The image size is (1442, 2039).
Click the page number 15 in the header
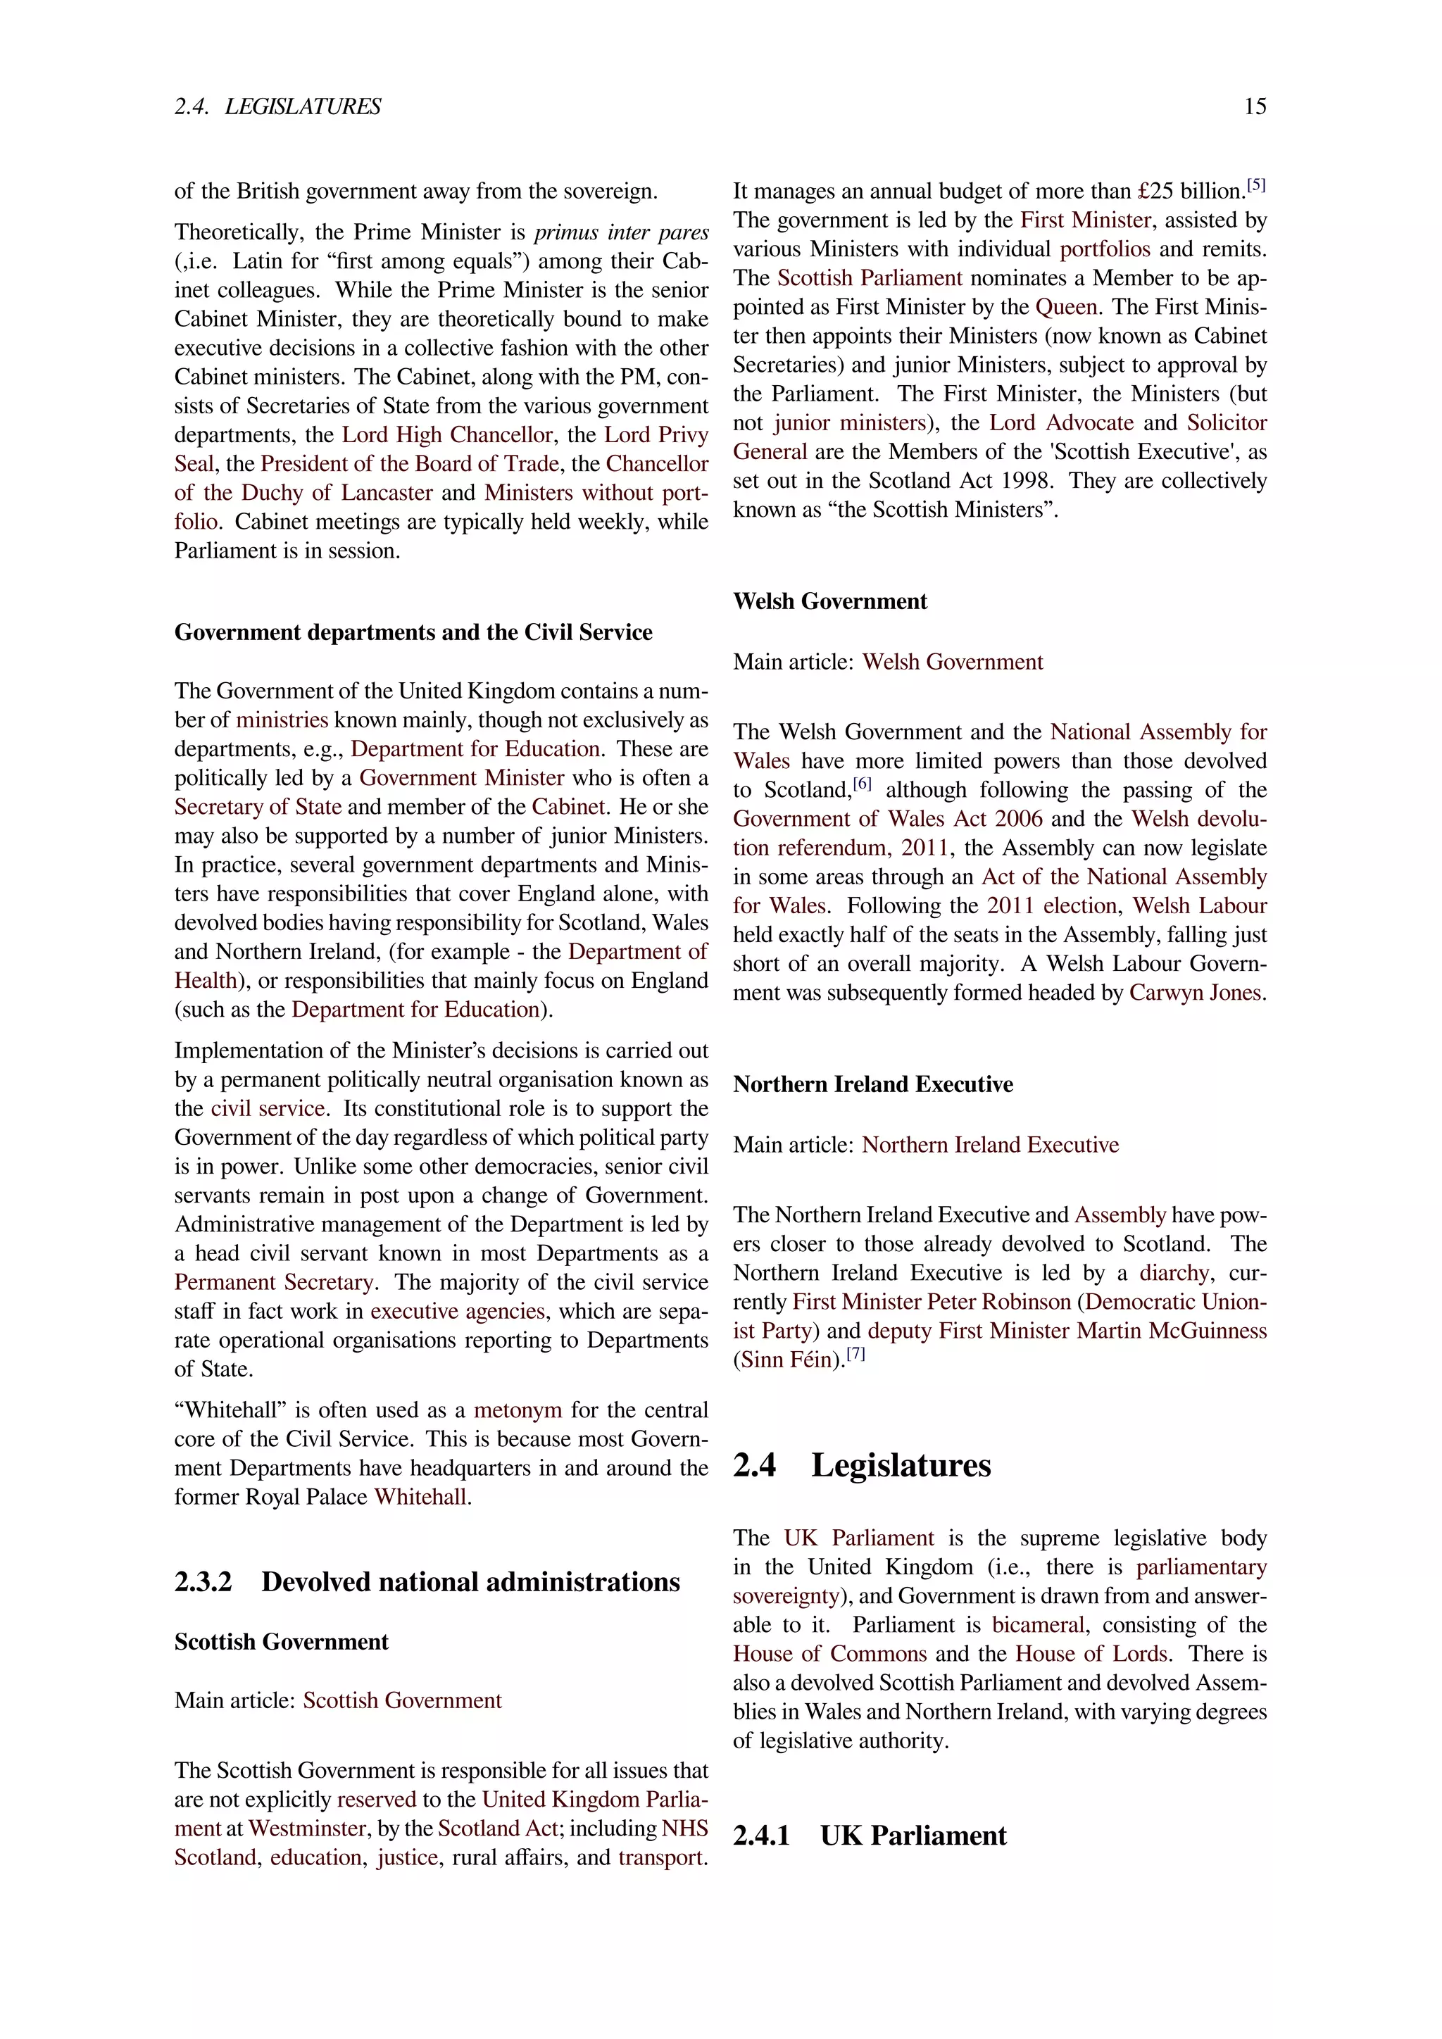click(1254, 106)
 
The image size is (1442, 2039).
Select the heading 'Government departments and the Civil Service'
click(413, 632)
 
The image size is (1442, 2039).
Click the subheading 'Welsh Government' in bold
click(829, 601)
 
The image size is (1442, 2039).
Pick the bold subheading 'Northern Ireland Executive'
click(873, 1084)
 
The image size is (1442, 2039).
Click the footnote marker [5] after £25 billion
click(1255, 186)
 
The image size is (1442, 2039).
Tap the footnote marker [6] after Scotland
click(863, 784)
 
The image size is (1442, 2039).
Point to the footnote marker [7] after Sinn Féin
click(855, 1355)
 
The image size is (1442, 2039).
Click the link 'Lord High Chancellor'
click(448, 435)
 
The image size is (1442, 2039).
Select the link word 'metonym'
click(518, 1410)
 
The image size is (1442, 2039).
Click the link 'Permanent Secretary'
click(275, 1282)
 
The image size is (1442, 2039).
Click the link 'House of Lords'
click(1091, 1654)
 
